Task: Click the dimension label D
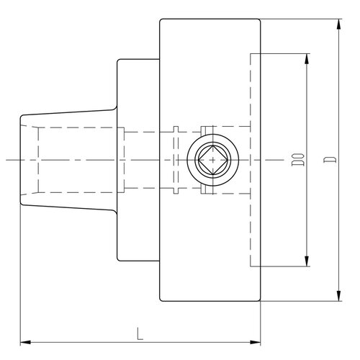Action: [330, 160]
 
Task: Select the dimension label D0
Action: [298, 160]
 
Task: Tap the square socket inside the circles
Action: [213, 160]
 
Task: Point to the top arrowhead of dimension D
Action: [338, 24]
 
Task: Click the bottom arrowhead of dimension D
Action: [338, 296]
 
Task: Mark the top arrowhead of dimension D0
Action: [307, 59]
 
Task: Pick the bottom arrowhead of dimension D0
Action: [307, 261]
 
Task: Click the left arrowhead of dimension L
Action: [25, 342]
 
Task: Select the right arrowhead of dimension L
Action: [255, 342]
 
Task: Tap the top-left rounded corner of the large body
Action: [161, 20]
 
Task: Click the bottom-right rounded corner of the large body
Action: [259, 300]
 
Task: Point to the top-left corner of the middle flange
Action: [118, 60]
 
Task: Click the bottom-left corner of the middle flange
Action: [118, 260]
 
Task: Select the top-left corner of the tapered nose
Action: [21, 117]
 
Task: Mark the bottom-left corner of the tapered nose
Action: [21, 204]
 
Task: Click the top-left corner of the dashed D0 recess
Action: [251, 53]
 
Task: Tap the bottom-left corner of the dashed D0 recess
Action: [251, 266]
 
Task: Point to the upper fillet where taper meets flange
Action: [115, 109]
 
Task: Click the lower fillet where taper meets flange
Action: [115, 212]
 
